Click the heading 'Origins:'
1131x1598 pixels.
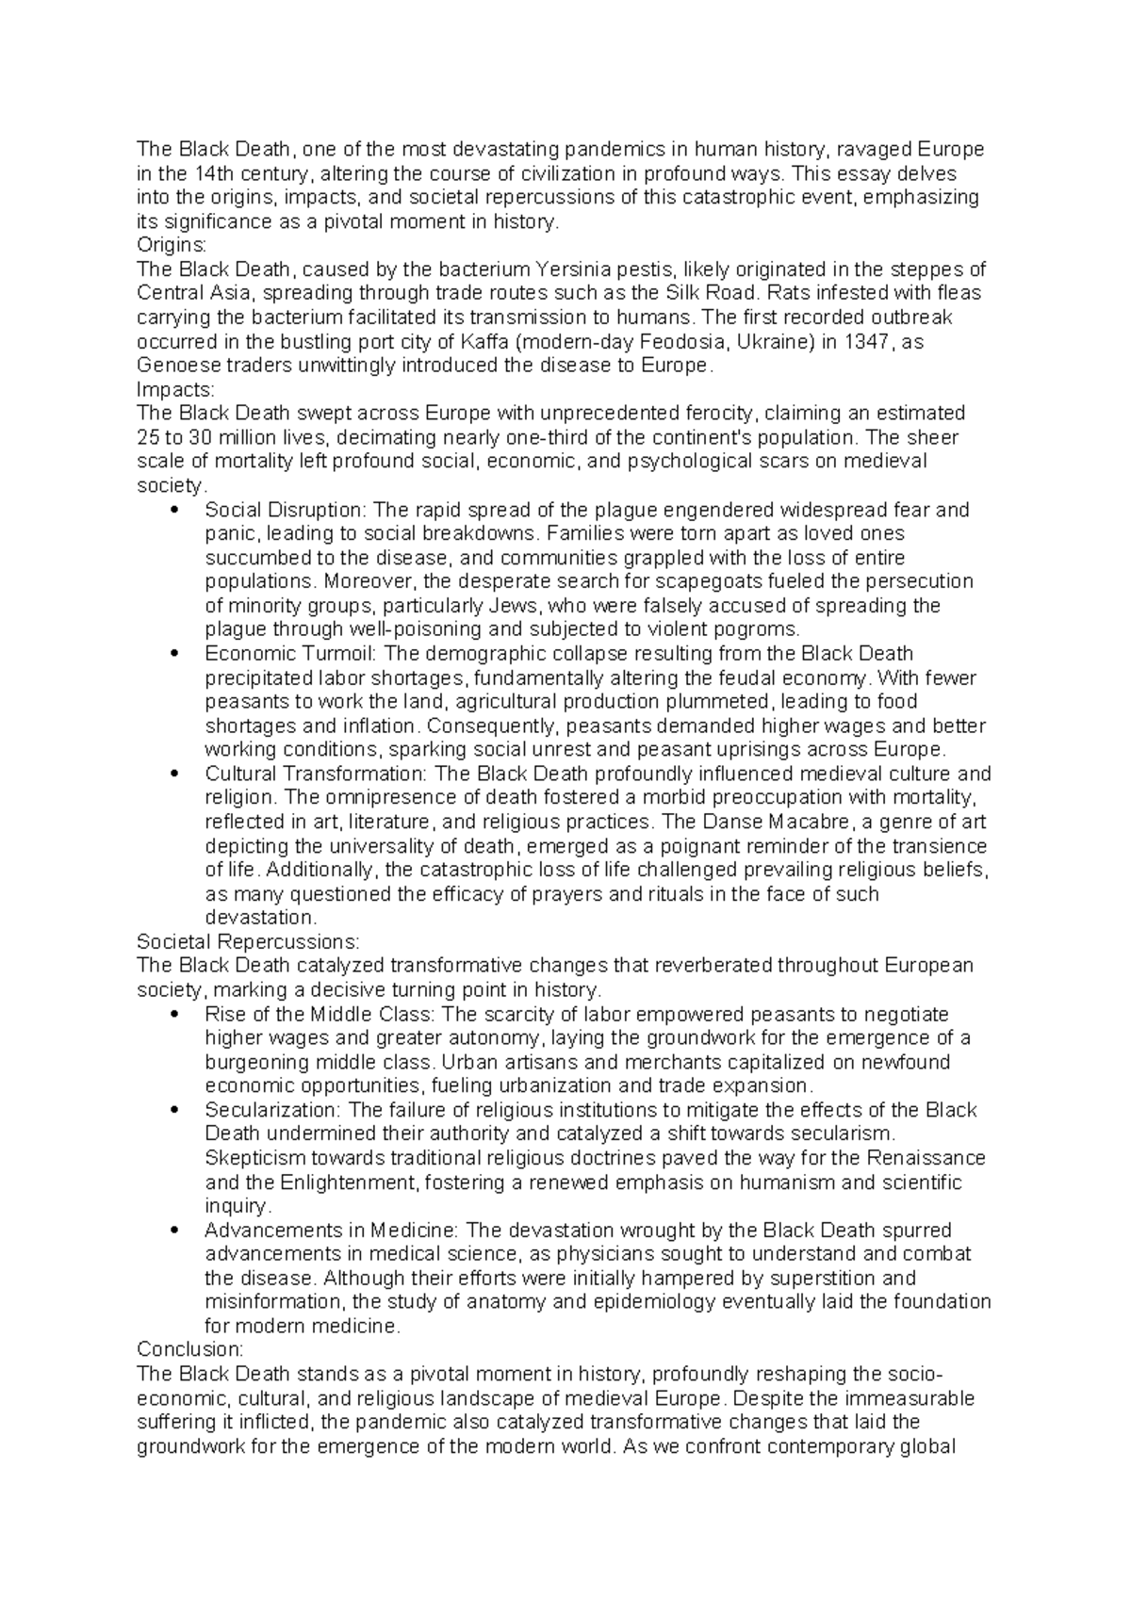coord(171,246)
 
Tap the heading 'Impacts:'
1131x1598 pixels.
coord(175,389)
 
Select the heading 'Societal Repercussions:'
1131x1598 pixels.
coord(248,941)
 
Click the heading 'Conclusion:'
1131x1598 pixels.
coord(189,1349)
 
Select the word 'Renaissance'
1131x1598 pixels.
coord(925,1158)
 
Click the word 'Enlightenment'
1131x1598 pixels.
coord(364,1182)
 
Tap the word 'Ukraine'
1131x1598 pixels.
coord(778,342)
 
